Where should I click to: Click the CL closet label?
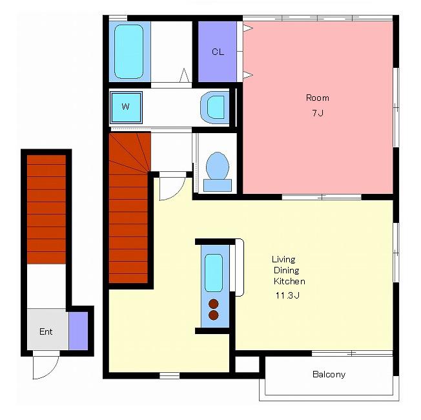218,52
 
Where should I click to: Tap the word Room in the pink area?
317,98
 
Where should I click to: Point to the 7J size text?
318,113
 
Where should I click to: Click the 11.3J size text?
287,295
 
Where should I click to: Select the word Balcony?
329,374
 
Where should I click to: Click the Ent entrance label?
46,331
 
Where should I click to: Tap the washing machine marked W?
126,107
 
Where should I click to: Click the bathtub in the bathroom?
128,52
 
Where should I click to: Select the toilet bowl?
218,166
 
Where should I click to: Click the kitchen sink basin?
214,273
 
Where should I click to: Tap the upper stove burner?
214,304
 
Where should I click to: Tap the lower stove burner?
214,315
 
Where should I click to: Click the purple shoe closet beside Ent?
78,331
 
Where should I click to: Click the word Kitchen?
289,281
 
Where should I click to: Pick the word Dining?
286,271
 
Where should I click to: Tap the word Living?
283,260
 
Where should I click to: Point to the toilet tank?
218,185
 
